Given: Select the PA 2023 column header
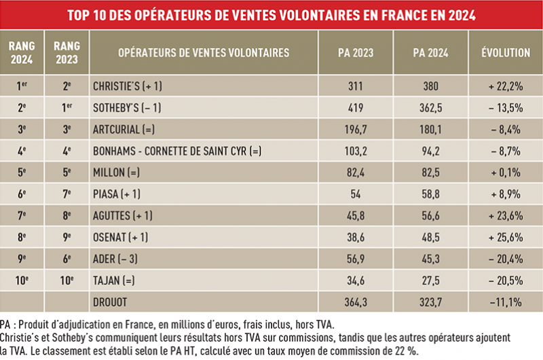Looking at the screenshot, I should click(356, 52).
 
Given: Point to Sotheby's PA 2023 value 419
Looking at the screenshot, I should click(356, 107).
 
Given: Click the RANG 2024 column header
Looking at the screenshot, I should click(22, 52).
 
